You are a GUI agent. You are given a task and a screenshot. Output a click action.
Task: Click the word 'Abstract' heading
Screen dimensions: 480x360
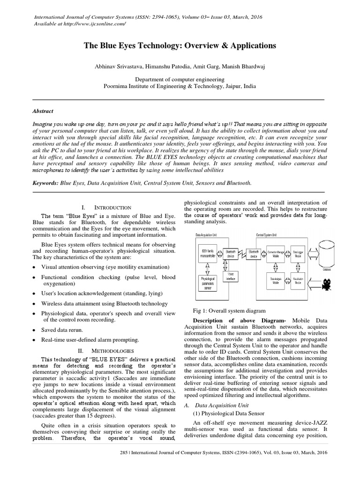tap(43, 111)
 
